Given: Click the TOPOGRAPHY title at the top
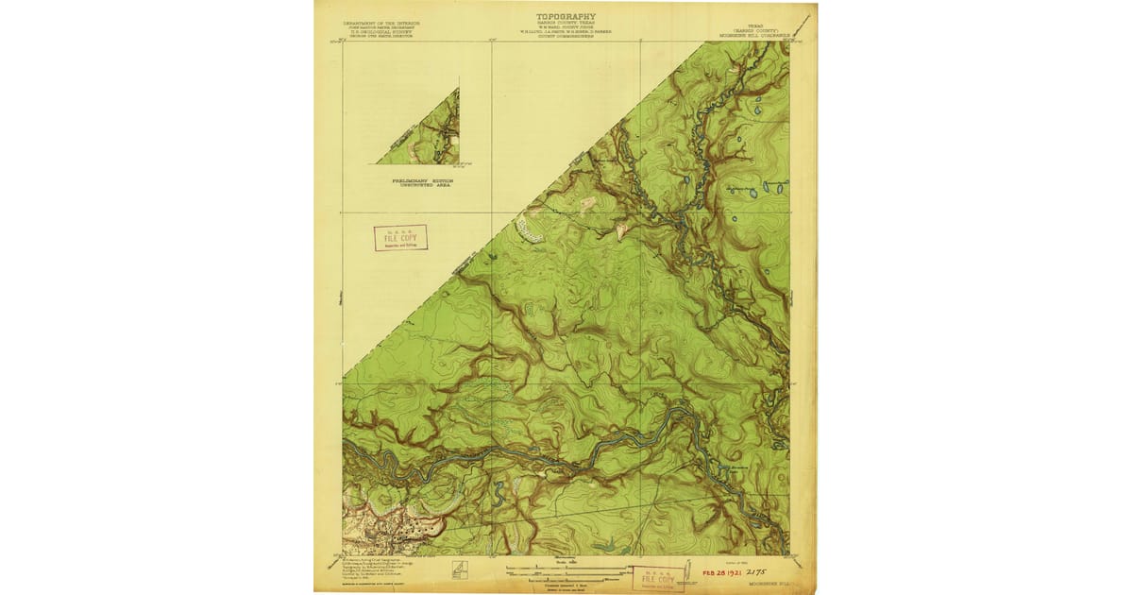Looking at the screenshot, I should point(566,16).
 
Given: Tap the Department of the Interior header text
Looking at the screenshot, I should point(381,22).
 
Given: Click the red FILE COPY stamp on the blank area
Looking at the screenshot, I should point(400,238).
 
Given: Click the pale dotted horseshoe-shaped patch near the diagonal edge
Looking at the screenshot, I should point(529,229).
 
